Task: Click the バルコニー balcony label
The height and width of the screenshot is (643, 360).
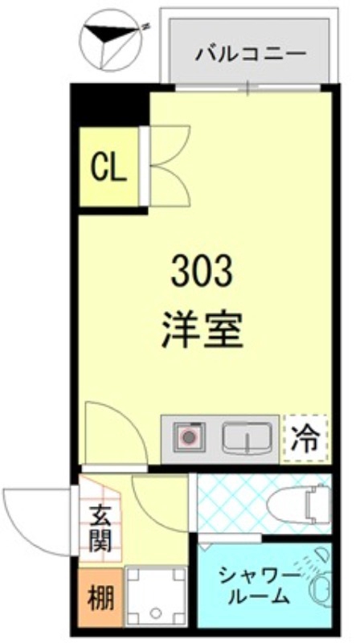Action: [251, 55]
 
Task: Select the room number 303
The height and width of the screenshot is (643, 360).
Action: [201, 272]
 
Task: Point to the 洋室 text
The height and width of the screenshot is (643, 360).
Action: [201, 329]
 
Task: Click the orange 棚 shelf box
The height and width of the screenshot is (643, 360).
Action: [100, 598]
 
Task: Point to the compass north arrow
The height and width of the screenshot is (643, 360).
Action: [108, 36]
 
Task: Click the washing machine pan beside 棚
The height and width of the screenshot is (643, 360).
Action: [156, 596]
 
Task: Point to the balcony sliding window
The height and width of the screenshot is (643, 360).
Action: [249, 88]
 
